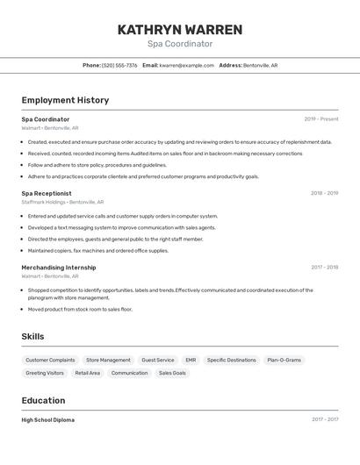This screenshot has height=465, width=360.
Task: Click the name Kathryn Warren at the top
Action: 180,29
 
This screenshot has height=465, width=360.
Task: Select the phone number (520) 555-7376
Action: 119,65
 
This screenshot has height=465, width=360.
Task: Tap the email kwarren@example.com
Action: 187,65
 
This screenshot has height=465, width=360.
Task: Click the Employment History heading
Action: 65,100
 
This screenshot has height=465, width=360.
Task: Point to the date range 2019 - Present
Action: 320,119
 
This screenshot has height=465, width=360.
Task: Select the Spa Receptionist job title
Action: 47,193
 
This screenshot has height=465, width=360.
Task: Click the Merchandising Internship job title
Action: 59,268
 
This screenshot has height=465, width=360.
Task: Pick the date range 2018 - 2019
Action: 324,193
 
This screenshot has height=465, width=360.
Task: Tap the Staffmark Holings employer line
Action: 62,202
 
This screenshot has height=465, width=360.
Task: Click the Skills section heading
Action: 32,336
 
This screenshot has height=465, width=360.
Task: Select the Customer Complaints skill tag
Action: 50,360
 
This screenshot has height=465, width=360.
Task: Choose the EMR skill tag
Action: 191,360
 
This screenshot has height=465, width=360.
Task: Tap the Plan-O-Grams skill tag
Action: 284,360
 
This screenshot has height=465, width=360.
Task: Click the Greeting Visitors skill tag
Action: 45,373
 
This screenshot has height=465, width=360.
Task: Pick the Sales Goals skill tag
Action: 172,373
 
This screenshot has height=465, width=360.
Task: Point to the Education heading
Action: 44,400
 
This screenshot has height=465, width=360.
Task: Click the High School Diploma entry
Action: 48,420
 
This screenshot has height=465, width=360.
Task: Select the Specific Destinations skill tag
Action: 232,360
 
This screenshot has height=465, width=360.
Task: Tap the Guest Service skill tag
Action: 158,360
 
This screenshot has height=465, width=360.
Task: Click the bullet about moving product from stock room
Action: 80,309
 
